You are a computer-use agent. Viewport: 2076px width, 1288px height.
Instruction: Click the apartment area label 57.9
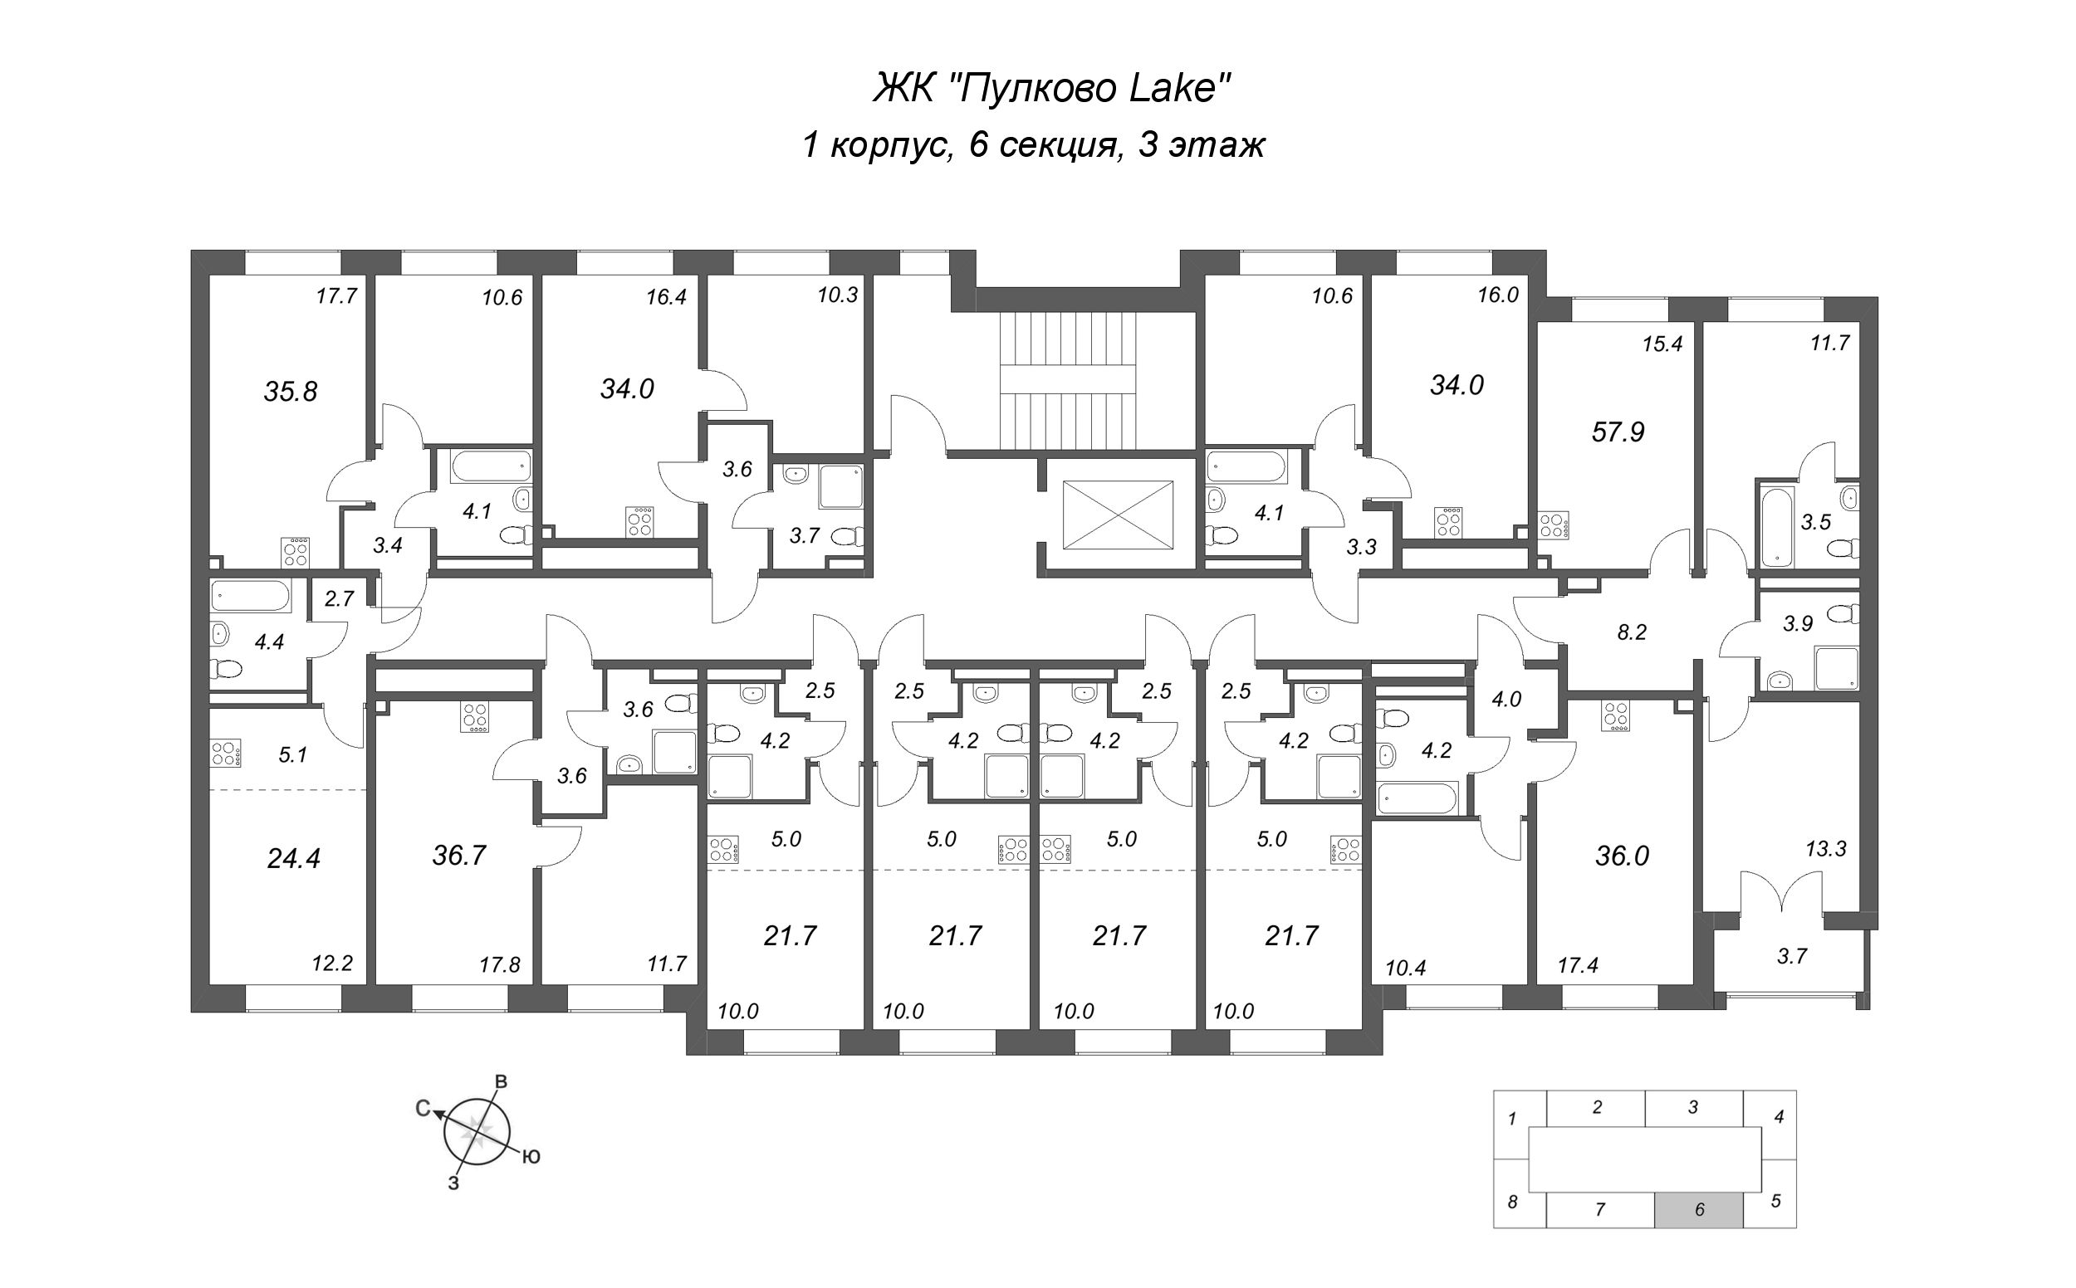[1618, 432]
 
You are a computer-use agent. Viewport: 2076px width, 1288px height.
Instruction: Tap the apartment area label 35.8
[291, 392]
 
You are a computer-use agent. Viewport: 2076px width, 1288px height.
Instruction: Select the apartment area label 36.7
[458, 856]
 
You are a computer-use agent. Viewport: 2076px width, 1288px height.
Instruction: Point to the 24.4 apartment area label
[293, 859]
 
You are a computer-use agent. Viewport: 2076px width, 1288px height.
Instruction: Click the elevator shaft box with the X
[1117, 515]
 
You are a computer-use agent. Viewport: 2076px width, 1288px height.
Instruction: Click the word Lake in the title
[1181, 89]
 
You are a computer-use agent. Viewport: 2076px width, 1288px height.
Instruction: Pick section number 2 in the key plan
[1597, 1107]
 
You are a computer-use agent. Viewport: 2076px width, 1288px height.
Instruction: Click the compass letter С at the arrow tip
[422, 1108]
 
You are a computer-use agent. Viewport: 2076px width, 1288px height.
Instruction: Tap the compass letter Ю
[531, 1157]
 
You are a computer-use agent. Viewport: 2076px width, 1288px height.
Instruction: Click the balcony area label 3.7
[1791, 957]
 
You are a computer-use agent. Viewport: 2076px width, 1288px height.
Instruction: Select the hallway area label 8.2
[1631, 632]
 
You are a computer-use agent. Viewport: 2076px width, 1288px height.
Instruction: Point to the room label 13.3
[1825, 848]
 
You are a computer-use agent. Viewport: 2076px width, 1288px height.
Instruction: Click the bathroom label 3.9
[1797, 623]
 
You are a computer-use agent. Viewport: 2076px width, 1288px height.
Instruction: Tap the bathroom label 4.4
[269, 642]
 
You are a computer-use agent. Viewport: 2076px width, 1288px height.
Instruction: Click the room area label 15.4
[1662, 344]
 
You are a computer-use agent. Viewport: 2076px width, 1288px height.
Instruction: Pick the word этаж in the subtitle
[1217, 146]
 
